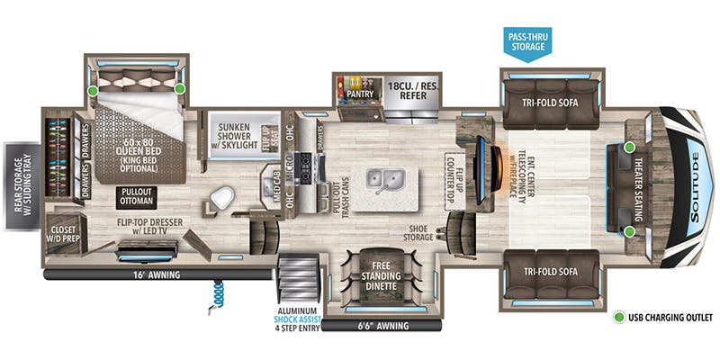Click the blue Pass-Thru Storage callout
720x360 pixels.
click(x=530, y=42)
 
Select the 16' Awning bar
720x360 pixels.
click(x=157, y=274)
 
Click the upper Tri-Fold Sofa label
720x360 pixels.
click(x=550, y=102)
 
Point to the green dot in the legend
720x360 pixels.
click(x=621, y=318)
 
